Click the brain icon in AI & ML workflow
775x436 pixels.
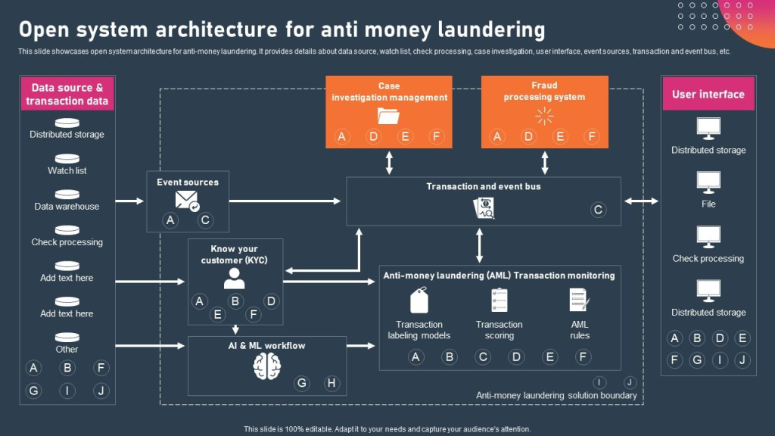(267, 367)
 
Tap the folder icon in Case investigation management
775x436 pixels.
(389, 116)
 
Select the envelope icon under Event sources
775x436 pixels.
(187, 200)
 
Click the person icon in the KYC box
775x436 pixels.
(235, 279)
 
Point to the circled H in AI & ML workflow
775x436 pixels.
(331, 383)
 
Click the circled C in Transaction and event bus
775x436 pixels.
(598, 210)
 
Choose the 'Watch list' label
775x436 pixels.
(67, 171)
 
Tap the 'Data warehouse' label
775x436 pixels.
(67, 207)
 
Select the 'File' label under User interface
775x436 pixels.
(708, 204)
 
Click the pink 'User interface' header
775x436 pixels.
(708, 95)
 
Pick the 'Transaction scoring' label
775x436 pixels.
(500, 330)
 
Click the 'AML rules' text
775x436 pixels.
(580, 330)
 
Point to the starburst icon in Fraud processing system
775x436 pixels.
(544, 116)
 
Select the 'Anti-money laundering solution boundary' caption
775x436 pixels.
(556, 395)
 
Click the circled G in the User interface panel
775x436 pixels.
(697, 360)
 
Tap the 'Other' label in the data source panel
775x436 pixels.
(67, 350)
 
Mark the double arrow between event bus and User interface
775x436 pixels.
(641, 201)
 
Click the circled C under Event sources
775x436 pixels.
(205, 220)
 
